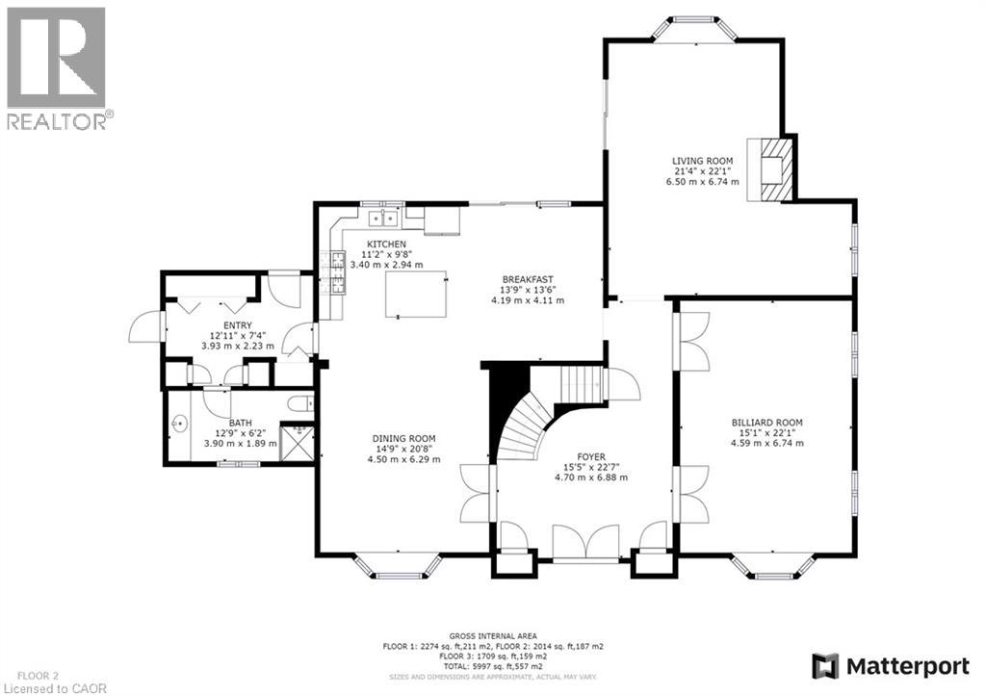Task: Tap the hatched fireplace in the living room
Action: pyautogui.click(x=775, y=168)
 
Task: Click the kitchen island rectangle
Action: pyautogui.click(x=418, y=294)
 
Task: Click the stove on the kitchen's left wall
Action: pyautogui.click(x=338, y=271)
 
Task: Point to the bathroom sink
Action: pyautogui.click(x=180, y=423)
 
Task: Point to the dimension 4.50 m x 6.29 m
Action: pyautogui.click(x=403, y=459)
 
